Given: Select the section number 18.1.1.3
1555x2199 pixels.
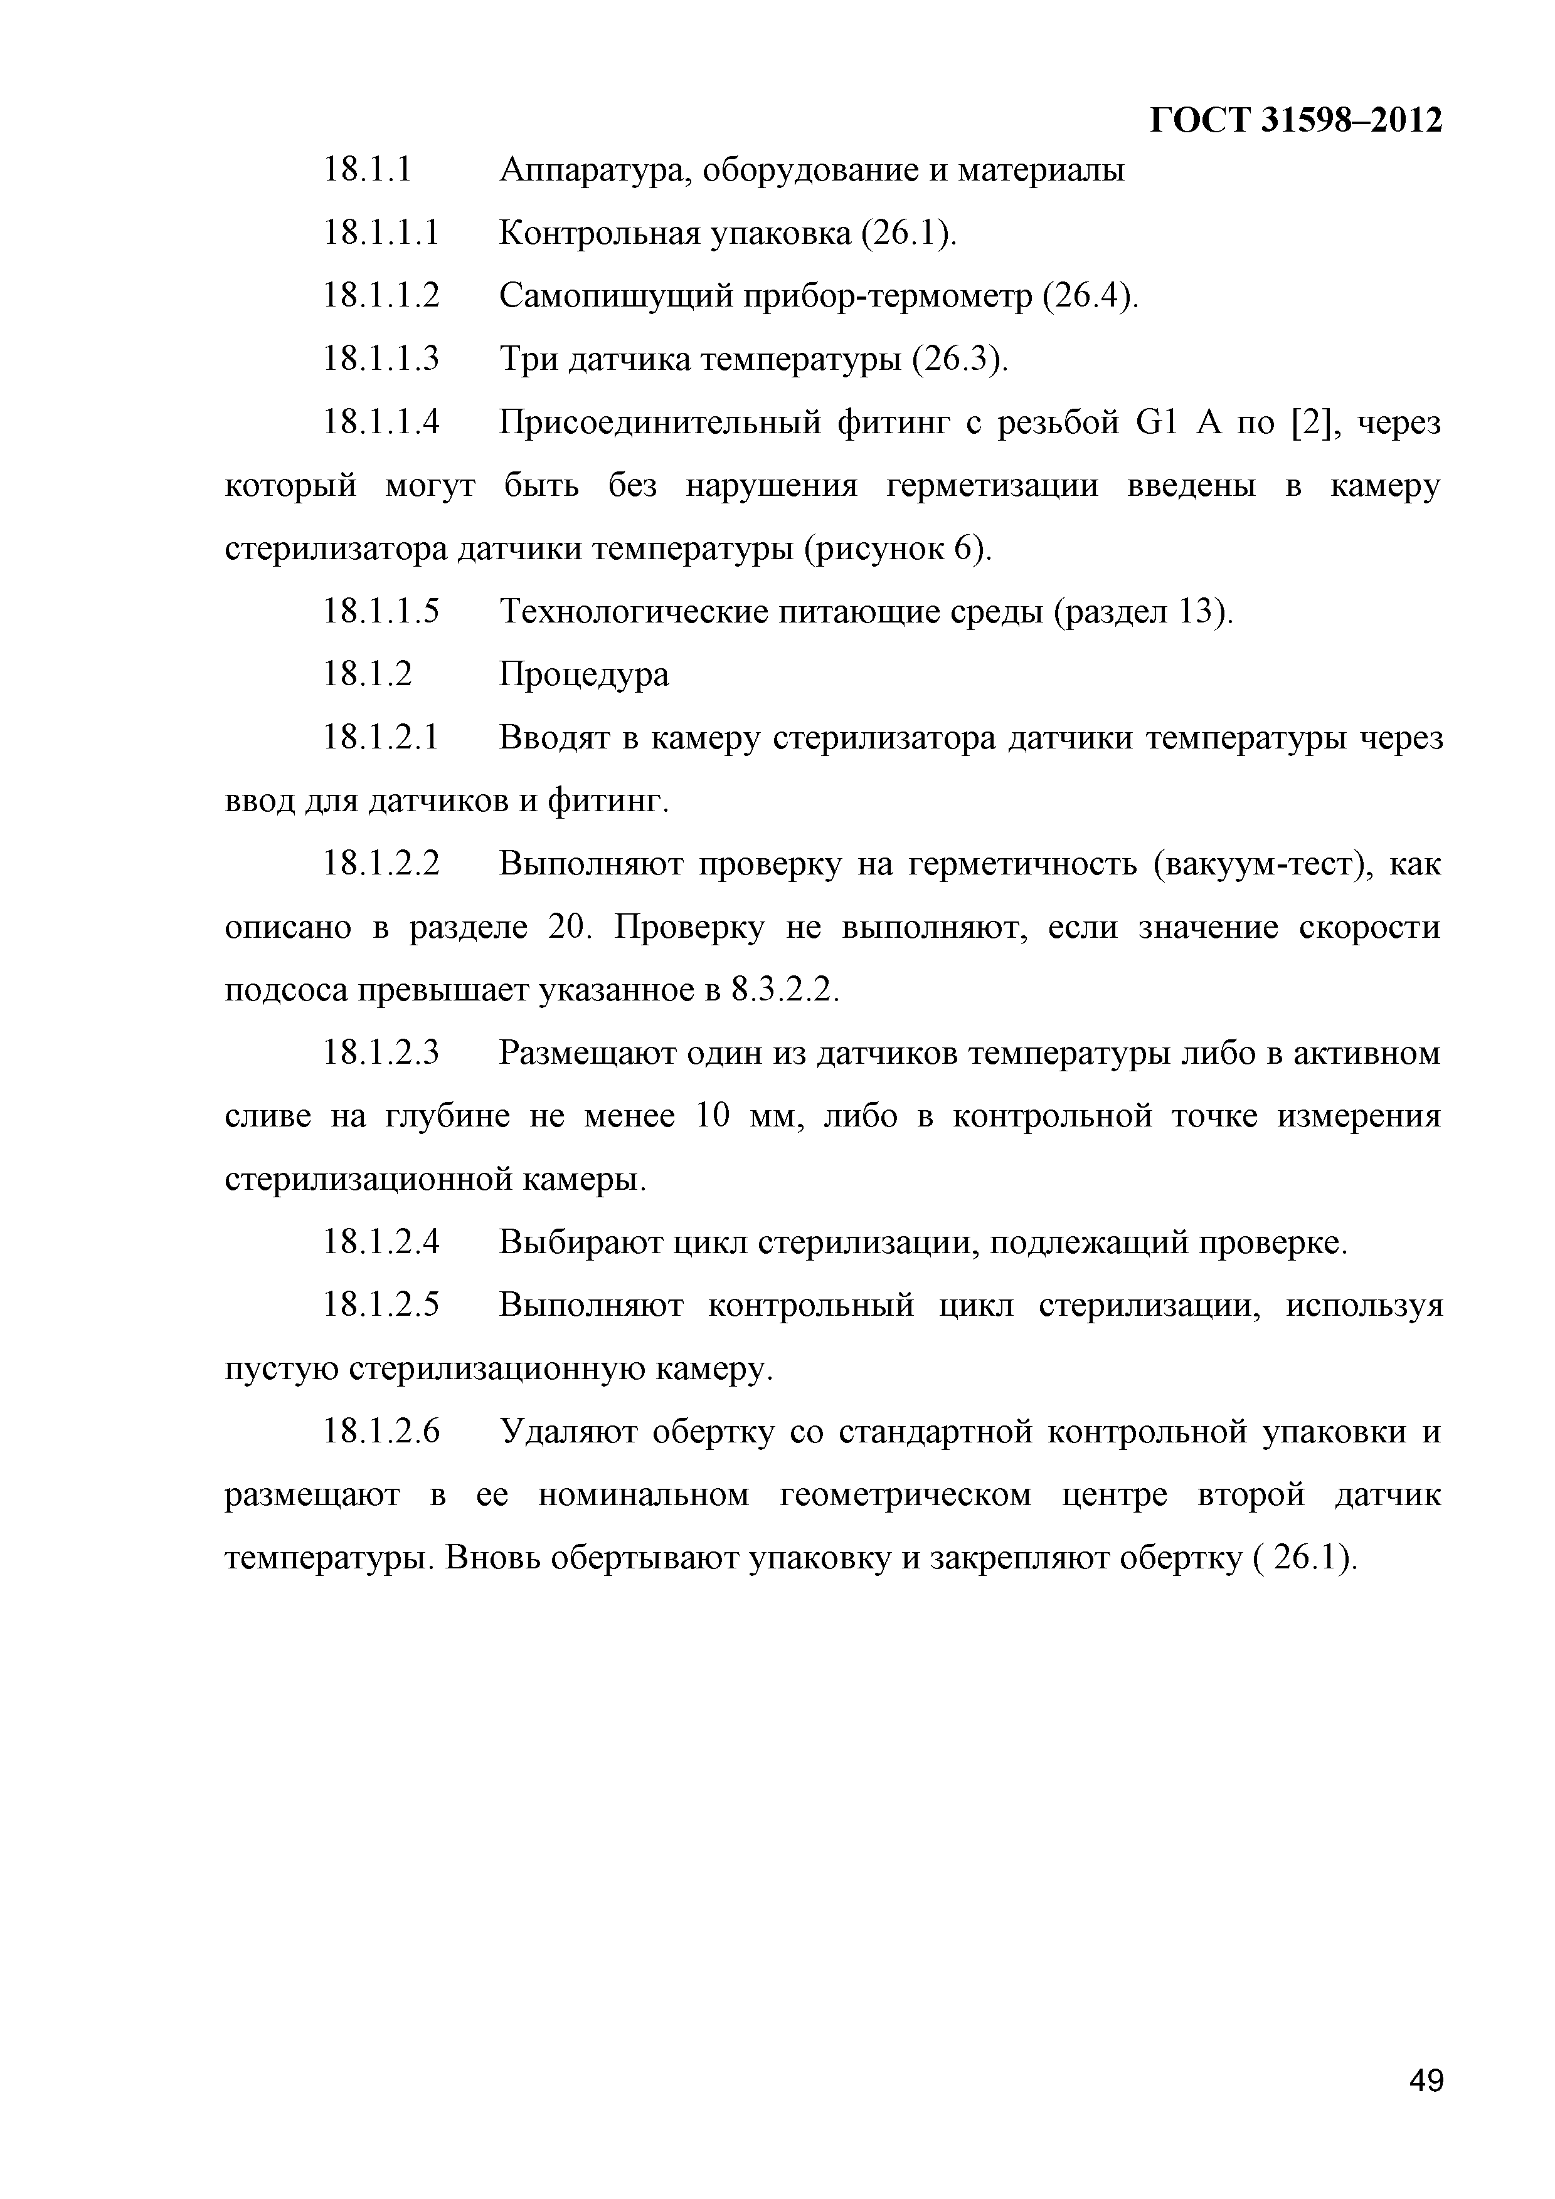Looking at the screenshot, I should click(381, 359).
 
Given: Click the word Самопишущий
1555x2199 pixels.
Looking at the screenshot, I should click(615, 297).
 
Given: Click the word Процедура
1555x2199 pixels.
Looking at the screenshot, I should click(585, 675).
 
